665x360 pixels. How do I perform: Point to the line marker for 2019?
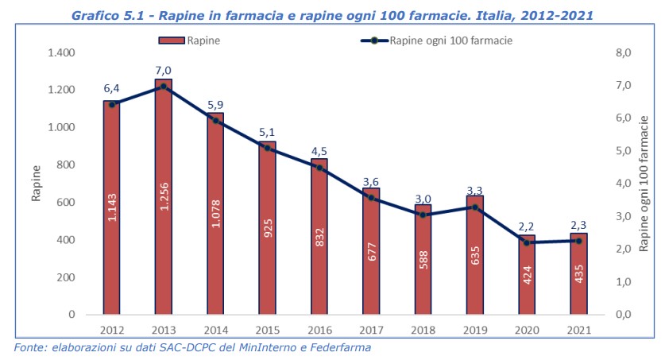point(474,207)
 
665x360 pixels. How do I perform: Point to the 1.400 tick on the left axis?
point(60,52)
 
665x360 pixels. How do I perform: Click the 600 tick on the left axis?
point(65,202)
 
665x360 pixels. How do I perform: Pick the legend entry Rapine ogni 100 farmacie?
point(450,39)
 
